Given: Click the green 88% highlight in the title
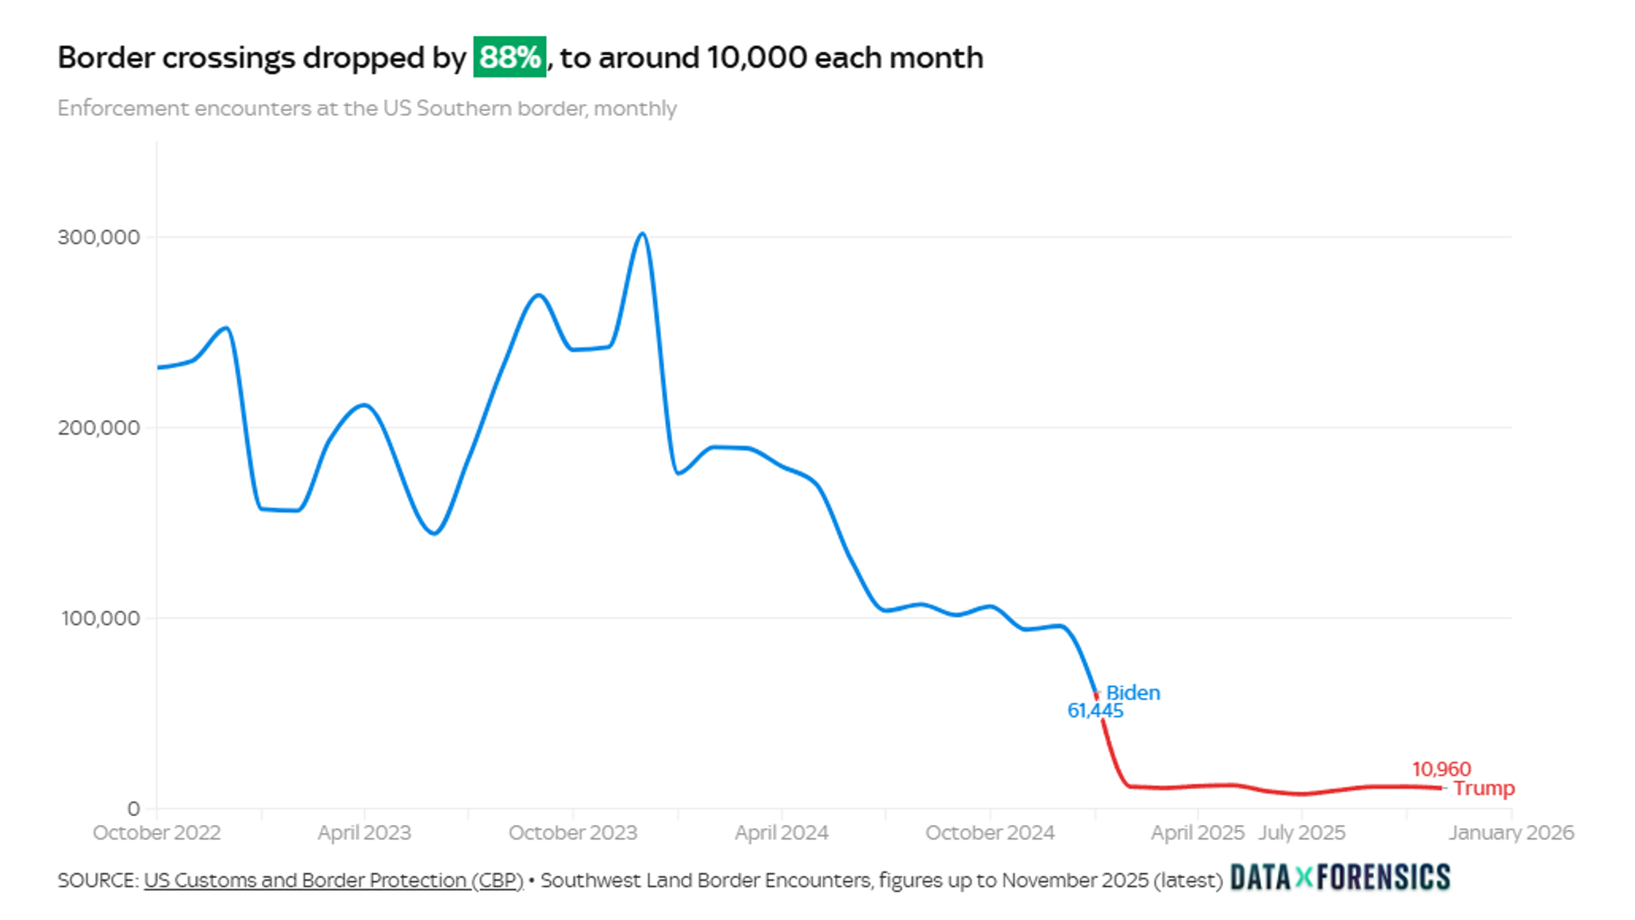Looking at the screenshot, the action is [x=509, y=57].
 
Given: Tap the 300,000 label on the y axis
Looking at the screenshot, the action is [x=98, y=237].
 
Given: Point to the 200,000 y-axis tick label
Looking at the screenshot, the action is [x=98, y=427].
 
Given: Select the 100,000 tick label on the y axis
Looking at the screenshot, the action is [x=100, y=618].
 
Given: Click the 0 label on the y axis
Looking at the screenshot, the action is [x=133, y=808].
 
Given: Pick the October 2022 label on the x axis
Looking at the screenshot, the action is [x=156, y=833].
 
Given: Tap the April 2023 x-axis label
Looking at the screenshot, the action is [x=364, y=833].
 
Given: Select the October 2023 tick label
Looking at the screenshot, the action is [x=573, y=833].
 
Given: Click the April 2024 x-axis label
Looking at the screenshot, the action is [x=782, y=833].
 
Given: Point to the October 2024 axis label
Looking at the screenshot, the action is [x=990, y=833].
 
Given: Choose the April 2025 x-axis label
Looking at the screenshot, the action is [x=1198, y=833].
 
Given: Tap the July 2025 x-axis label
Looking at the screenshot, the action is [x=1302, y=833].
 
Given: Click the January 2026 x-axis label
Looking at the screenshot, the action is [x=1511, y=833].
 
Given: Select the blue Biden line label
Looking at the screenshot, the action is [x=1133, y=692].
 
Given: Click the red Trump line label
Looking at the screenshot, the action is [x=1484, y=788].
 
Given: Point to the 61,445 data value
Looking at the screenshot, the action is [x=1095, y=711].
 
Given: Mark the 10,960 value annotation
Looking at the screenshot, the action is [x=1441, y=769].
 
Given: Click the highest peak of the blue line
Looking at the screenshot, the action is [x=643, y=233].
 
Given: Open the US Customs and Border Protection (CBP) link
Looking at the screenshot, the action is [x=334, y=880].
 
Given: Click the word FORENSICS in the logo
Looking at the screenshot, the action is [x=1384, y=877].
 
